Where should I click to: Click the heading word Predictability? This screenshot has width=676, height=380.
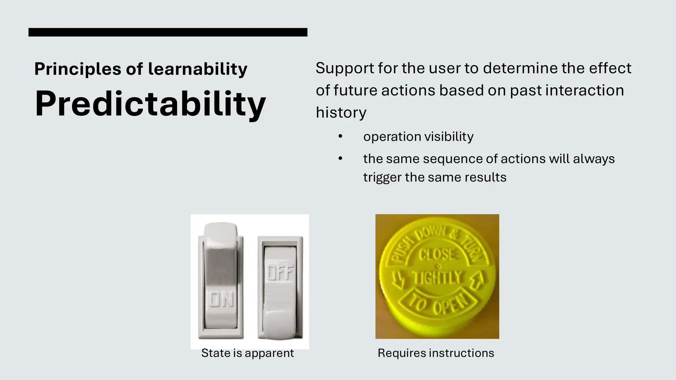click(150, 104)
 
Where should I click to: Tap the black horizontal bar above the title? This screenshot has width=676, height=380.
click(168, 32)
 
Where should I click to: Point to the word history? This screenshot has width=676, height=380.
click(341, 112)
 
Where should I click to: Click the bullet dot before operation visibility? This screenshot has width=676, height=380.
click(340, 137)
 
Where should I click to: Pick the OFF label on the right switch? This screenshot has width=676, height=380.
click(280, 273)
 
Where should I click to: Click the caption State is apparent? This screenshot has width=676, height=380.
click(248, 353)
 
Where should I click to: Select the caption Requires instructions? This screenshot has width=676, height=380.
click(436, 353)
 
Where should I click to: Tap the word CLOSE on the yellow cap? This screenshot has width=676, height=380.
click(437, 255)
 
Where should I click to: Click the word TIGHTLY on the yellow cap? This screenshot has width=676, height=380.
click(437, 277)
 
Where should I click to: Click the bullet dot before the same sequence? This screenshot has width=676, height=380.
click(340, 159)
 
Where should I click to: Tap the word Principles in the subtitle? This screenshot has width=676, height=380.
click(78, 69)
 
